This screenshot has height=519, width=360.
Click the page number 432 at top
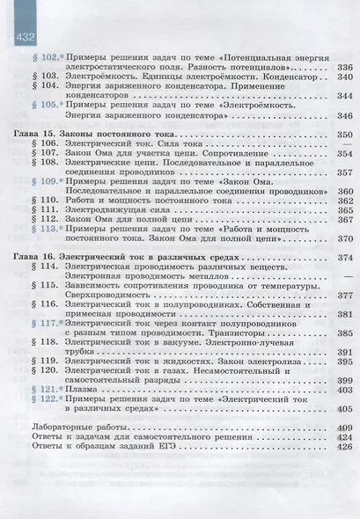tap(21, 38)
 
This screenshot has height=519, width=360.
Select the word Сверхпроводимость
tap(118, 295)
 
